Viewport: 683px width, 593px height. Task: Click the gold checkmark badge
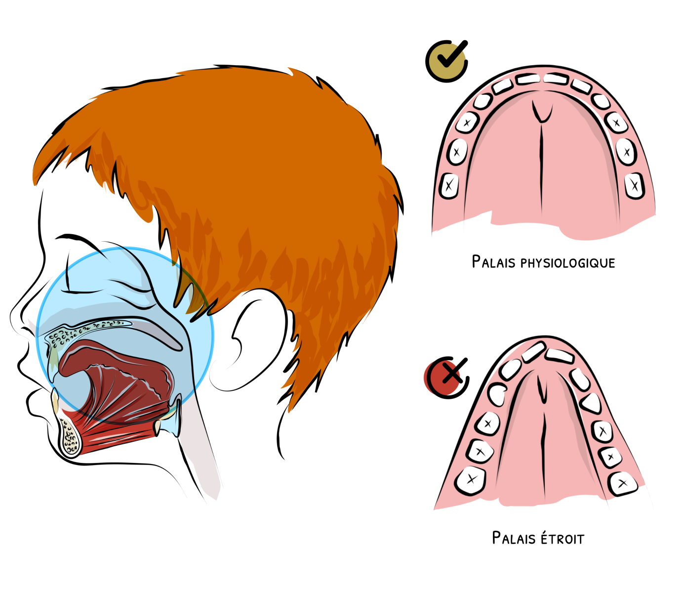point(446,61)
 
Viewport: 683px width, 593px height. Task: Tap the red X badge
point(446,378)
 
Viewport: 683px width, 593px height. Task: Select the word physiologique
point(568,263)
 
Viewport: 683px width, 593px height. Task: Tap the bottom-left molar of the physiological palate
point(449,186)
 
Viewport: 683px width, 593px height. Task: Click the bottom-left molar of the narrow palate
point(470,480)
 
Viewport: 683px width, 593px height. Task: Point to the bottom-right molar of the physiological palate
point(634,186)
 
